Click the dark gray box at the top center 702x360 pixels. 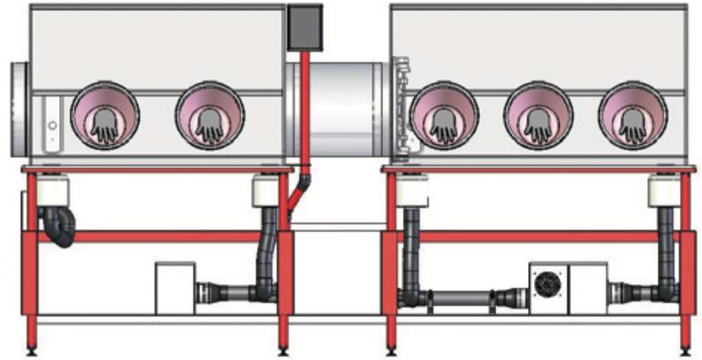coord(304,27)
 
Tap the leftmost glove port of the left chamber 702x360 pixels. coord(105,115)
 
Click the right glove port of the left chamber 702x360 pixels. coord(209,115)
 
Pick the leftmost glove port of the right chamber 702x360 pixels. coord(444,115)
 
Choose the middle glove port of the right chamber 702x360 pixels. coord(538,115)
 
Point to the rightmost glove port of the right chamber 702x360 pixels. coord(632,115)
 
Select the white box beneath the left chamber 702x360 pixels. coord(175,287)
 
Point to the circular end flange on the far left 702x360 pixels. coord(19,109)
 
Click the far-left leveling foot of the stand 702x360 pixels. coord(31,350)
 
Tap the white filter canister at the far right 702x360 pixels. coord(664,191)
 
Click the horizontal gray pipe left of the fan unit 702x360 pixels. coord(459,296)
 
